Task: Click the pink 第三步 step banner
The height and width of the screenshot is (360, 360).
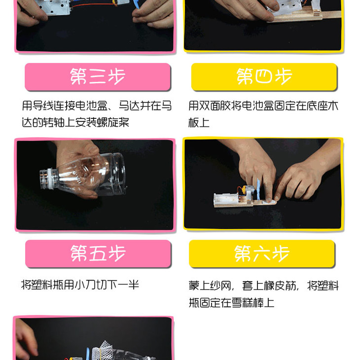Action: tap(98, 77)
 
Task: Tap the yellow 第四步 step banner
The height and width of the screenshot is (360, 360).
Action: tap(264, 77)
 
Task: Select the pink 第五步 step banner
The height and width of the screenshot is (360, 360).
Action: tap(98, 253)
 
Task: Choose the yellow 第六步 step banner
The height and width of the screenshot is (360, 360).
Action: tap(262, 253)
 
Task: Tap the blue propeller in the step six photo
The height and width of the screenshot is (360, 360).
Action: tap(258, 189)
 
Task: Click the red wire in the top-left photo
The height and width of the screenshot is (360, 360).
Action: tap(92, 5)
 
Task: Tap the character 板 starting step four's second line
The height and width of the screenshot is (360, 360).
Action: tap(193, 122)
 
